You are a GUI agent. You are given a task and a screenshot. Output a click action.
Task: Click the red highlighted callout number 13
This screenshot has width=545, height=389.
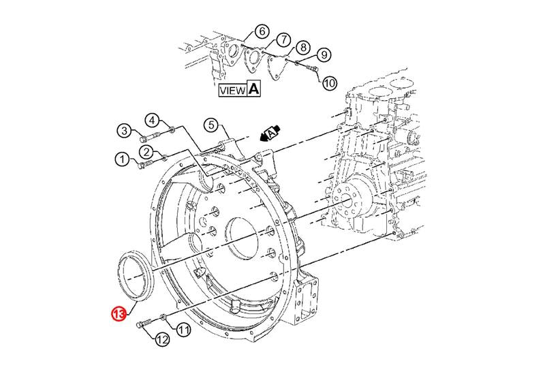[119, 313]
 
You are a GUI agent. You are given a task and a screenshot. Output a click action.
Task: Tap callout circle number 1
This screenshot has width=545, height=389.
[122, 160]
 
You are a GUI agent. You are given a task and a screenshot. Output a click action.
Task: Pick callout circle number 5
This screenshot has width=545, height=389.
[261, 31]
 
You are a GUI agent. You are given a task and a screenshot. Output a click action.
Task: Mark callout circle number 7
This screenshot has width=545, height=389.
[304, 47]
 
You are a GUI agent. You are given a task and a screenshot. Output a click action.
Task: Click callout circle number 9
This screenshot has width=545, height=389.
[329, 83]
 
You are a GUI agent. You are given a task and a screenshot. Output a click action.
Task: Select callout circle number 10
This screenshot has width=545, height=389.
[183, 330]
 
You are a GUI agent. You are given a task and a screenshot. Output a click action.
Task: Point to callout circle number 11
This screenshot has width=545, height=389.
[161, 339]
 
